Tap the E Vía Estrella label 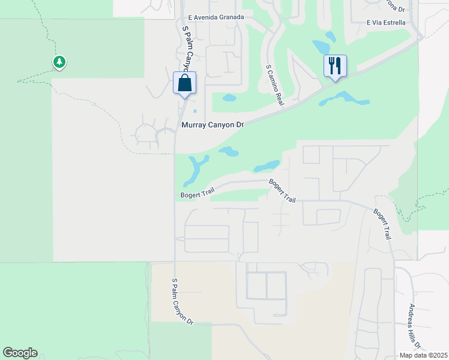click(386, 23)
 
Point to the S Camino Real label click(274, 86)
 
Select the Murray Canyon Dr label click(214, 125)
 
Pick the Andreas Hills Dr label click(414, 324)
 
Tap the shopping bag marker click(185, 83)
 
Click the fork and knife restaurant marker click(335, 65)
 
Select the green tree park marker click(59, 62)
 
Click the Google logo click(20, 353)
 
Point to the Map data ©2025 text click(423, 355)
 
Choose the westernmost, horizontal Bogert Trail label click(197, 195)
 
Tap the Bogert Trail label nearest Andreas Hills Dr click(383, 224)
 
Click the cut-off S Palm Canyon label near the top click(188, 48)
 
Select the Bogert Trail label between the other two click(283, 190)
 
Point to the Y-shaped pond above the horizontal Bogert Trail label click(196, 169)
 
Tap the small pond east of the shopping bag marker click(229, 97)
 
